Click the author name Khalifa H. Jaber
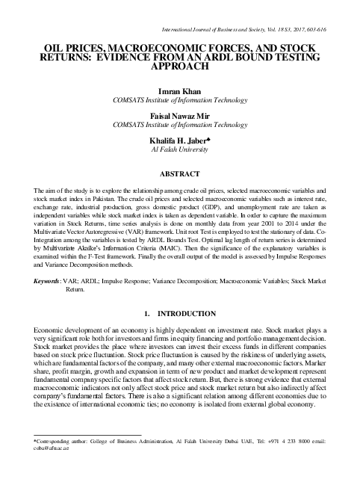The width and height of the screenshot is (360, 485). pos(179,140)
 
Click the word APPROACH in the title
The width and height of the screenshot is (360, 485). pos(180,66)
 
